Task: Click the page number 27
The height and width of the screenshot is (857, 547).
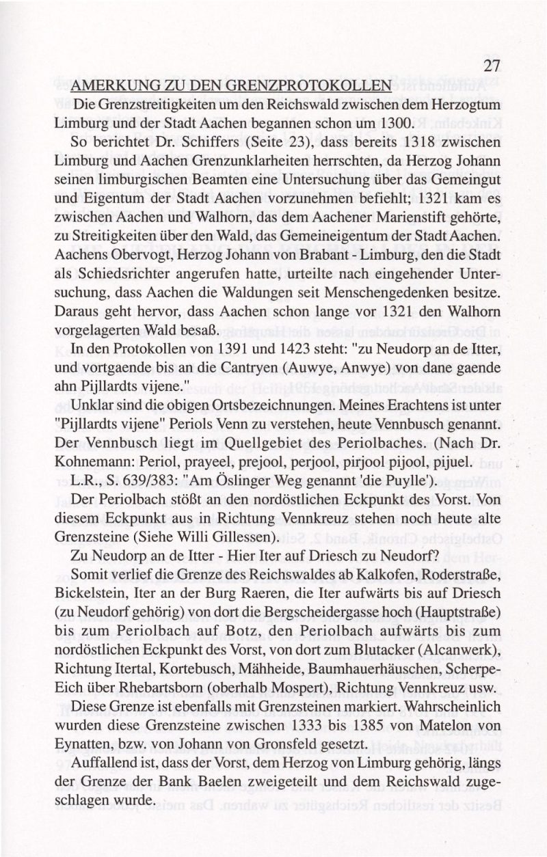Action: pos(493,66)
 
